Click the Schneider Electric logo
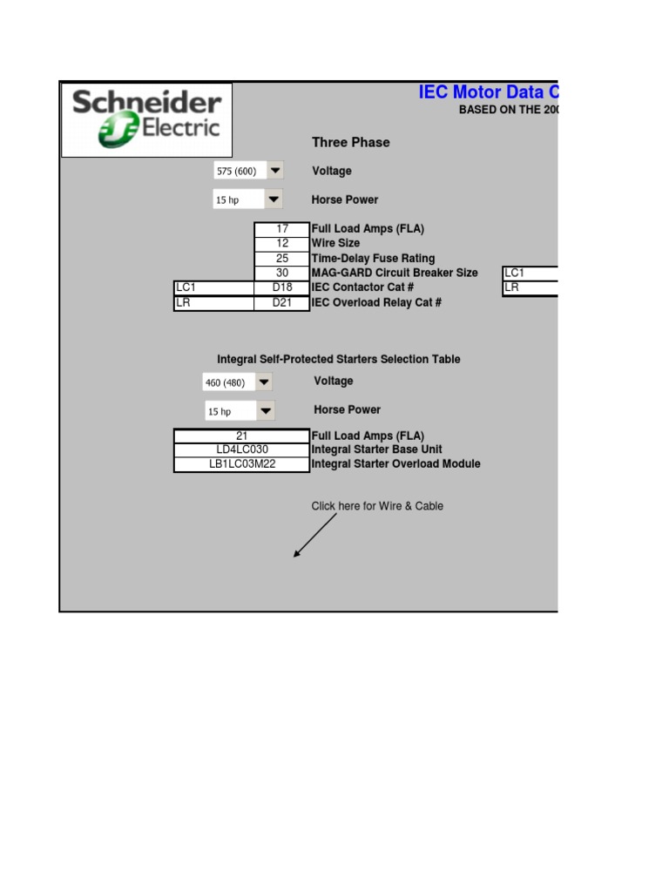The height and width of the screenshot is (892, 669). (146, 120)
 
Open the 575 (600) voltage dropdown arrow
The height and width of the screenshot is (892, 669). (274, 171)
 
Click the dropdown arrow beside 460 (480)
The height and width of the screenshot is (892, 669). (263, 382)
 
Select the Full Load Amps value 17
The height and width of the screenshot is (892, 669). (282, 229)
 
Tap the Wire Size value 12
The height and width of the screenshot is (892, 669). (282, 244)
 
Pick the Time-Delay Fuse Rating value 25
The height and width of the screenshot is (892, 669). (282, 259)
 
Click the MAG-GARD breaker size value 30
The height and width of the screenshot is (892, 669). (282, 273)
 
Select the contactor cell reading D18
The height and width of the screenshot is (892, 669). (282, 287)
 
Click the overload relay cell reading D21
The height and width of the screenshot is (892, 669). (282, 302)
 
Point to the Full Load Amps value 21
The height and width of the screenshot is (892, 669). (242, 436)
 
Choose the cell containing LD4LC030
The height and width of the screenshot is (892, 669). (242, 449)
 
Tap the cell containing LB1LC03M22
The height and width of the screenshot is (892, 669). (242, 464)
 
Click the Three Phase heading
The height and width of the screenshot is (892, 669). (350, 142)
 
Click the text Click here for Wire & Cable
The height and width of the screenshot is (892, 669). (377, 506)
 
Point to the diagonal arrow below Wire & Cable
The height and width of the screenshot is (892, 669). (314, 535)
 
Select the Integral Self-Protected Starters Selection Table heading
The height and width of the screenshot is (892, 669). (338, 359)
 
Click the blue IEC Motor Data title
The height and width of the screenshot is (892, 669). (487, 92)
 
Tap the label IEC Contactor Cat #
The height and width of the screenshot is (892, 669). (362, 287)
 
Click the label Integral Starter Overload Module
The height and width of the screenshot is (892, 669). (395, 464)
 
